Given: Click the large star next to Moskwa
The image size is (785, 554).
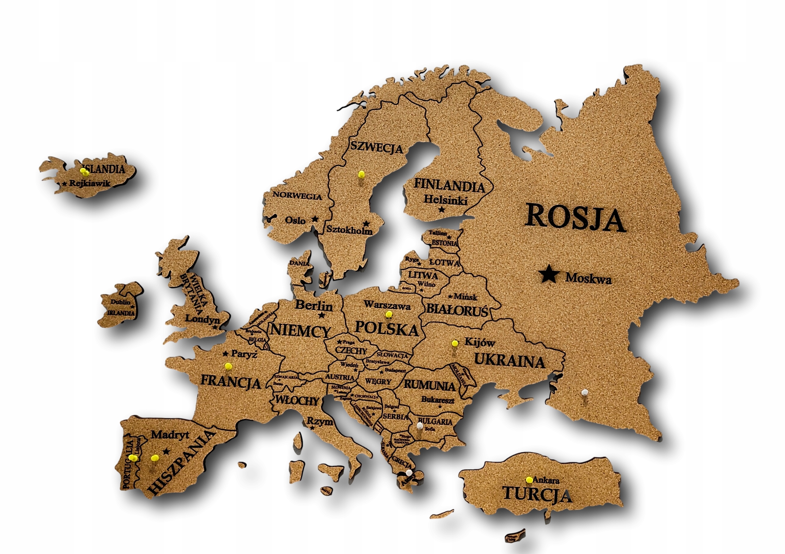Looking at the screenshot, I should click(x=549, y=274).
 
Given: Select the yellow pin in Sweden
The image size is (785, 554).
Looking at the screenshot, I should click(x=361, y=174).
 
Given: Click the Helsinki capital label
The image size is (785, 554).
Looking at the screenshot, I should click(x=445, y=200).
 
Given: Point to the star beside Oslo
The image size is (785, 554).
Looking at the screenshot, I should click(x=315, y=219).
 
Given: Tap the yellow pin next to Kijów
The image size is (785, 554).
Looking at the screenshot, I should click(x=455, y=343).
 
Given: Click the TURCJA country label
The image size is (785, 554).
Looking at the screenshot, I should click(x=537, y=495).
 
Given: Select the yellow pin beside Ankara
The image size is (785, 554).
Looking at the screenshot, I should click(x=529, y=479).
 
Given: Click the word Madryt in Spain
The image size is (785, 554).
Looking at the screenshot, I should click(x=170, y=435).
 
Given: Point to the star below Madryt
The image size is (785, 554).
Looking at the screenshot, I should click(x=166, y=452).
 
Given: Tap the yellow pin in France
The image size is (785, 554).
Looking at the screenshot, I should click(x=228, y=366).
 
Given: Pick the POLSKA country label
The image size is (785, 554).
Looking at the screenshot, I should click(x=386, y=328).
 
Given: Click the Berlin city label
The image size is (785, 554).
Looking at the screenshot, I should click(x=313, y=305).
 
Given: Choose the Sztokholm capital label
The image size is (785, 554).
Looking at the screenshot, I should click(x=349, y=230).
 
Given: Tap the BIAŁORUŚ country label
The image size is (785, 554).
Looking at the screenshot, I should click(x=457, y=310).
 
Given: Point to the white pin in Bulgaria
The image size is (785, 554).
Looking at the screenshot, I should click(x=419, y=426).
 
